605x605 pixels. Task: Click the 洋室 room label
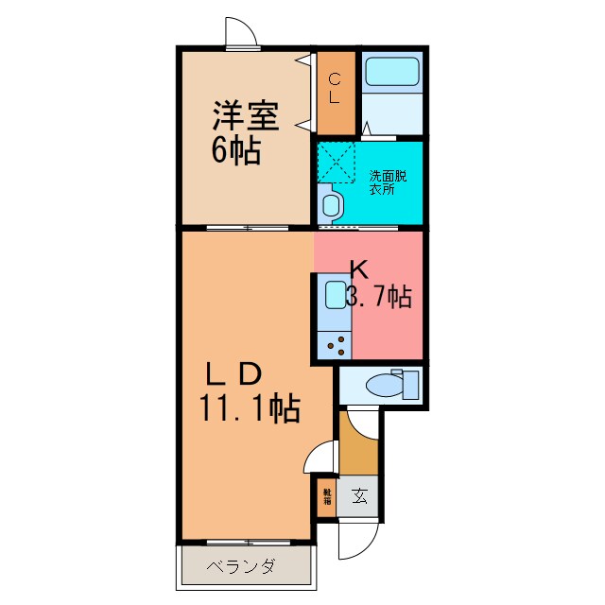[245, 117]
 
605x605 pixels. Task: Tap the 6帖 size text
[235, 151]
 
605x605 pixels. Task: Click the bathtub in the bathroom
[391, 71]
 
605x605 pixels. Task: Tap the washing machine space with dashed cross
[335, 160]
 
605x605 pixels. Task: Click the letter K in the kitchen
[359, 268]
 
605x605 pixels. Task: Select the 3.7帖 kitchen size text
[378, 297]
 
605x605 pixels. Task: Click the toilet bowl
[385, 386]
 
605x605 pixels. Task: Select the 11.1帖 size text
[250, 408]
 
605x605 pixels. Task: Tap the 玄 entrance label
[360, 494]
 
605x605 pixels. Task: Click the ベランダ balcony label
[242, 567]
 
